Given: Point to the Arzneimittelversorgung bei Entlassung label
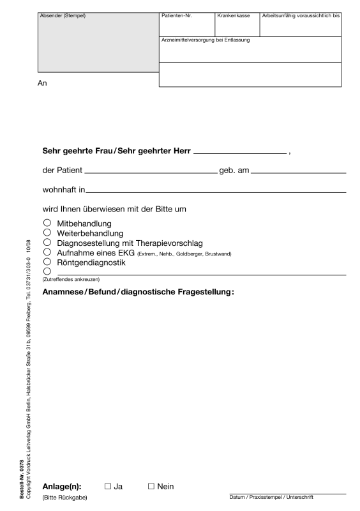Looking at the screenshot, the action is coord(205,40).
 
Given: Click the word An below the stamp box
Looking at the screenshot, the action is coord(44,82).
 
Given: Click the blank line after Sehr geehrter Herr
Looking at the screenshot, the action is coord(239,153).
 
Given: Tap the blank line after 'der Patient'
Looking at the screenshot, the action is coord(151,172).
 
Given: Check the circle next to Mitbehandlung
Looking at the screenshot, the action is coord(47,224).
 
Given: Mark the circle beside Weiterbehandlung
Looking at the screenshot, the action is coord(47,233).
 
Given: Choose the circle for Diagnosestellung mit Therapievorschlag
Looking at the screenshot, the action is coord(47,243).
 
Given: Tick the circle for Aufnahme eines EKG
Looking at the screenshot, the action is coord(47,252).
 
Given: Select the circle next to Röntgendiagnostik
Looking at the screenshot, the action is coord(47,262).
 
